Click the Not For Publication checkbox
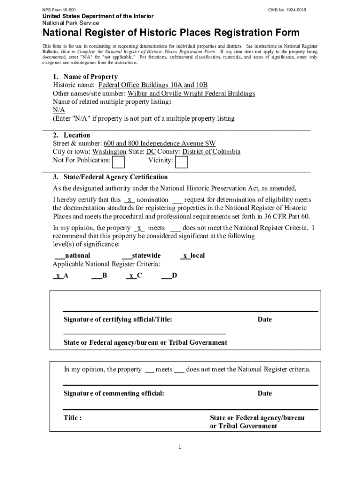point(119,162)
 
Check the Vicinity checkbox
point(181,162)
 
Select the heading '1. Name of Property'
point(85,77)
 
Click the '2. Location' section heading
point(72,135)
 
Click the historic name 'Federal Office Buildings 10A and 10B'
point(153,85)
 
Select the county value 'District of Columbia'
point(211,152)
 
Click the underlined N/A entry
point(59,110)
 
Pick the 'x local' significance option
point(192,255)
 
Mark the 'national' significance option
point(72,255)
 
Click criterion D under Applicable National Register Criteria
point(169,276)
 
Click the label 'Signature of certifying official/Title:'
point(118,319)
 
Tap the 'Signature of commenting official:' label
point(114,393)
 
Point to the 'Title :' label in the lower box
point(73,418)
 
